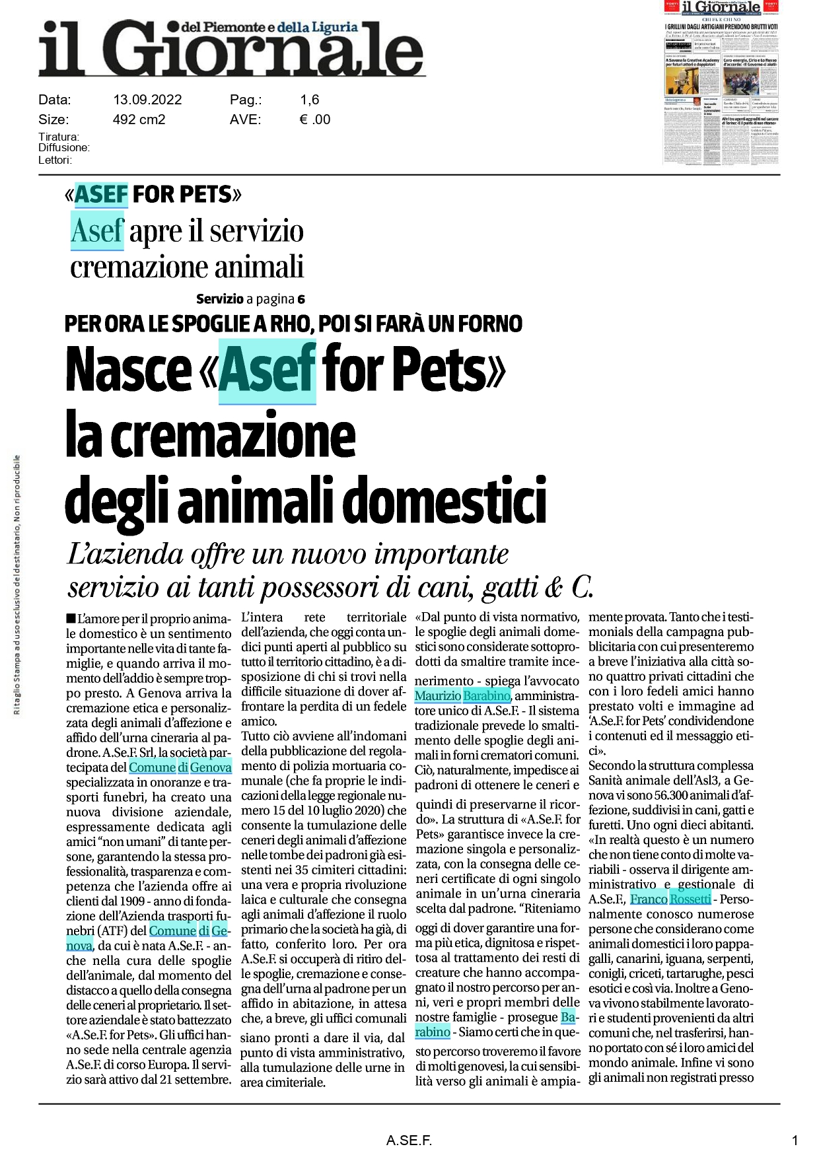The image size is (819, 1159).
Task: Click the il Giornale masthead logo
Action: (x=231, y=48)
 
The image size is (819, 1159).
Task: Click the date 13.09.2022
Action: (x=147, y=100)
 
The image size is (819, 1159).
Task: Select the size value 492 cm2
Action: (x=139, y=120)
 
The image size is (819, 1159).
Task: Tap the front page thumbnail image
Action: (x=721, y=83)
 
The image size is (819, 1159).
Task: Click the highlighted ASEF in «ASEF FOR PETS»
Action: (x=101, y=194)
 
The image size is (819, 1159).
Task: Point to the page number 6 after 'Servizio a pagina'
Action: (x=301, y=299)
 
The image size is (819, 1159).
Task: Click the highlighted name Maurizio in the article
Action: (x=437, y=695)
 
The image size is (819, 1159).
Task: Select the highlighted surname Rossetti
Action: (x=690, y=899)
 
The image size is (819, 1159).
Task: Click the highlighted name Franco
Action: (x=649, y=899)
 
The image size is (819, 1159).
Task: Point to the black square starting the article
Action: (x=71, y=618)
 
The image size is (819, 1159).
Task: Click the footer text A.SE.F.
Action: (x=409, y=1140)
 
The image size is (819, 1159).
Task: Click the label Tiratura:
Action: (x=59, y=137)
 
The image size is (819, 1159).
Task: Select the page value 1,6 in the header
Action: (x=309, y=100)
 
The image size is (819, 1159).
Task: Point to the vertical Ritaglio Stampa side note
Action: (x=17, y=584)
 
